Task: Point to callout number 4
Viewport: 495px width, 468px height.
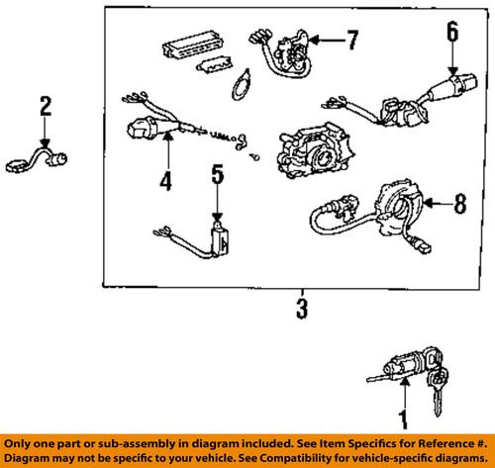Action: tap(166, 181)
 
